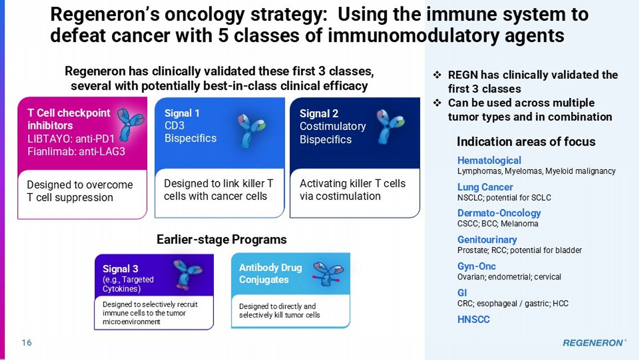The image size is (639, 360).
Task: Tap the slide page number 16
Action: pos(27,343)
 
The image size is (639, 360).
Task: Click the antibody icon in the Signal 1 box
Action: pos(251,131)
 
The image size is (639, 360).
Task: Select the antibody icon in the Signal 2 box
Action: pos(389,127)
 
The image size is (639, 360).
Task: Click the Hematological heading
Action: pos(489,160)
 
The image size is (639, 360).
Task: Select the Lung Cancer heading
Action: pos(485,187)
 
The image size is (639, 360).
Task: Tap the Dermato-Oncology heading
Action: pos(499,213)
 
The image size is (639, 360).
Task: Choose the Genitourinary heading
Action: pos(487,239)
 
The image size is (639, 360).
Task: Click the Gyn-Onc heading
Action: pos(476,266)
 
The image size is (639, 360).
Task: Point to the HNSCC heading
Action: pos(474,320)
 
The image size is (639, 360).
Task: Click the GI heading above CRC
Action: pos(462,293)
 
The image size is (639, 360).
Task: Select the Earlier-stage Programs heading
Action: pos(222,239)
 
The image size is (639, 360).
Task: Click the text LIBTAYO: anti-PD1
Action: pos(71,139)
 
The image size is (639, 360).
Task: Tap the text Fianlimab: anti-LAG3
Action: pos(76,152)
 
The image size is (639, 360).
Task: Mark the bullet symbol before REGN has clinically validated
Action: pos(437,75)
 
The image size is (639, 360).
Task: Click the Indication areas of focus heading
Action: pos(526,142)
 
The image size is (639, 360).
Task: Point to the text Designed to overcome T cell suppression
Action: pos(80,191)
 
